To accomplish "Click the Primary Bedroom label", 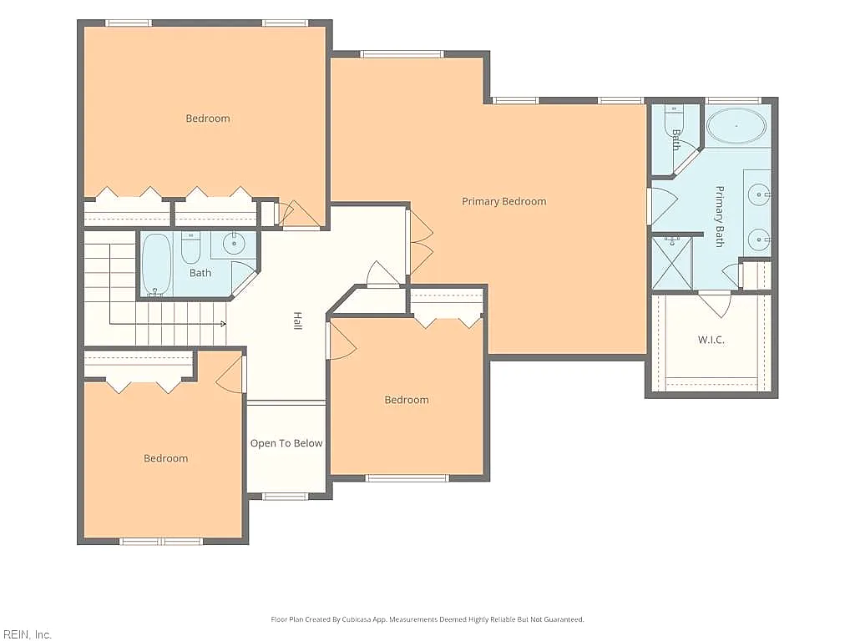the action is [503, 202].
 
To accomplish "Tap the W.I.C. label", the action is [711, 341].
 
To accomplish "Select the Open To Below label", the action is [286, 444].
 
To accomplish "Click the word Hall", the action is [298, 320].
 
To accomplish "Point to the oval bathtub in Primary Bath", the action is [736, 126].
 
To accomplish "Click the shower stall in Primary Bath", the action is [672, 263].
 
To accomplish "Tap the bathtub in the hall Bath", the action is [157, 265].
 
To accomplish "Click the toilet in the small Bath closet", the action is [674, 121].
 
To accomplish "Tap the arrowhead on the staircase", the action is [224, 325].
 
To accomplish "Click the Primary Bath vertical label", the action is [720, 216].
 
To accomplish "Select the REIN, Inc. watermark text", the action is [26, 634].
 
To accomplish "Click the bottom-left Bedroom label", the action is [166, 458].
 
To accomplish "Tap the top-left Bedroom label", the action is [208, 119].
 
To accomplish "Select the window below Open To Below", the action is [286, 496].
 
